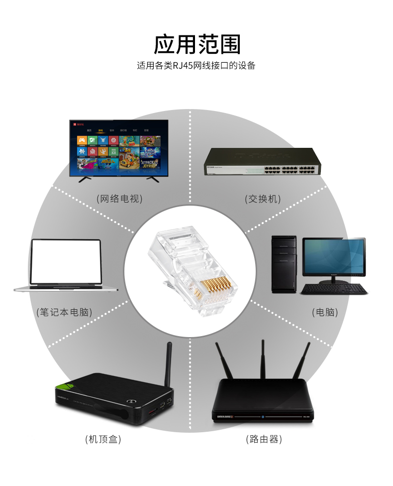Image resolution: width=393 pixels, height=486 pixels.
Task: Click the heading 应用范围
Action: click(196, 45)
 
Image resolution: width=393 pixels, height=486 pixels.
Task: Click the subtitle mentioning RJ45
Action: click(196, 66)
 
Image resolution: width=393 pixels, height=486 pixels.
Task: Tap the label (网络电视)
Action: click(119, 199)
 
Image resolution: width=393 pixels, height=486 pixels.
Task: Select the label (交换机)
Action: click(263, 199)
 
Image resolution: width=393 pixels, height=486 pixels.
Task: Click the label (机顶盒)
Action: click(103, 439)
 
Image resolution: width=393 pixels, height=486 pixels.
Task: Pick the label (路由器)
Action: click(264, 439)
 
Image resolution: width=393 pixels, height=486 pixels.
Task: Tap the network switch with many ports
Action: click(262, 162)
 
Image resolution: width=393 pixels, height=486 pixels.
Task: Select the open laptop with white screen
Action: click(66, 262)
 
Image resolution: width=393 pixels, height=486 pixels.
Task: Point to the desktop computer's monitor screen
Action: click(334, 256)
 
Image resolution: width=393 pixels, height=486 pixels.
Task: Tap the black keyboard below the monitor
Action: click(334, 289)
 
